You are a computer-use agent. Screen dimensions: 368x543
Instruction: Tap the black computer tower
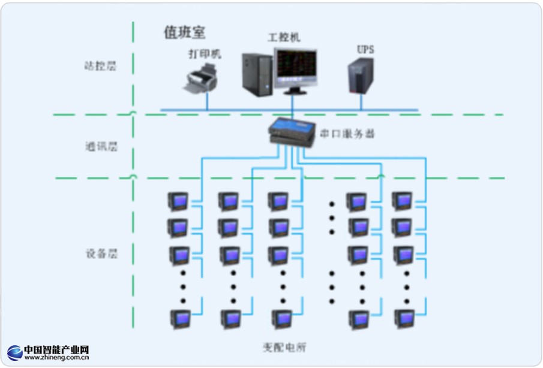point(257,74)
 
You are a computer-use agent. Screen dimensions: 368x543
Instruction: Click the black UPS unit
point(361,76)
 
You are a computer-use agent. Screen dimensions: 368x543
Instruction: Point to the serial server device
point(292,132)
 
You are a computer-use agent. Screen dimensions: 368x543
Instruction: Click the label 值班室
point(185,32)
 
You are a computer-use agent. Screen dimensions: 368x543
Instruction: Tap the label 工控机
point(284,37)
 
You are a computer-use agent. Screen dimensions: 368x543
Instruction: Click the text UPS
point(365,50)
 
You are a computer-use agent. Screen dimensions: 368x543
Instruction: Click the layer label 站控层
point(100,66)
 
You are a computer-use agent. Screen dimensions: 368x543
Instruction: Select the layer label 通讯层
point(100,146)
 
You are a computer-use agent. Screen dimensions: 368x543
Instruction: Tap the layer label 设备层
point(101,254)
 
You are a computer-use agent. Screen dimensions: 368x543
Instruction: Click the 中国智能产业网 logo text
point(56,349)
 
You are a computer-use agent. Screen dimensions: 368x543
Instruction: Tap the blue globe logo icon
point(14,352)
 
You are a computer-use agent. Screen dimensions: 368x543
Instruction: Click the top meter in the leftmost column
point(178,201)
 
